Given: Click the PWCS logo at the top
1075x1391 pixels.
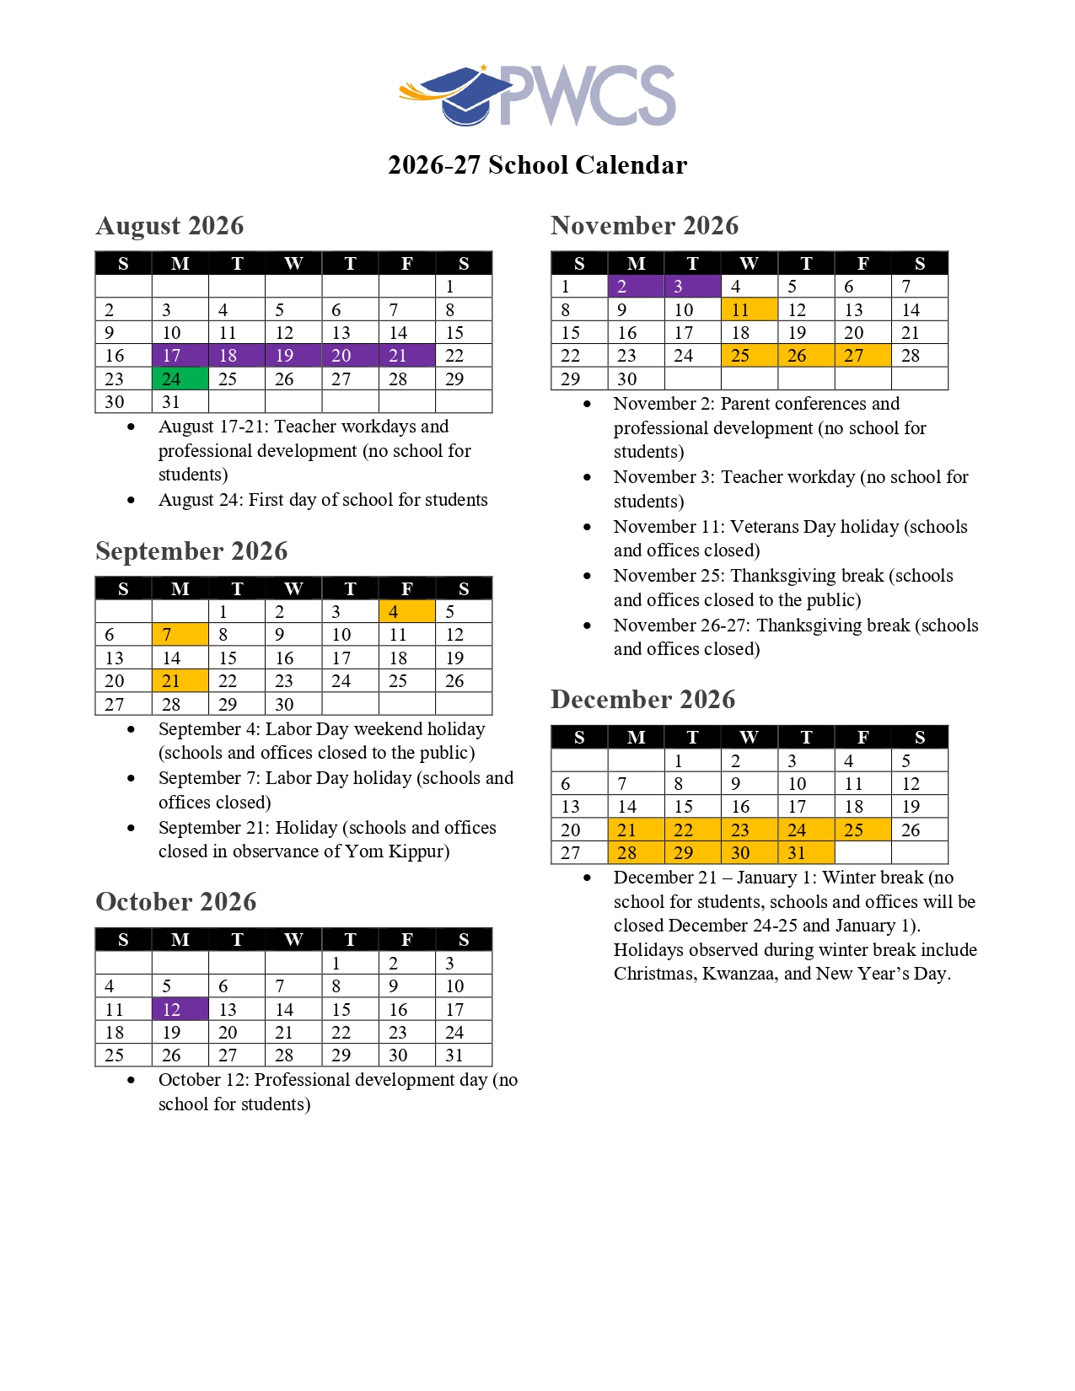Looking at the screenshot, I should coord(538,95).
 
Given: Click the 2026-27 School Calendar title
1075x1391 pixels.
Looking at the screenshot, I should coord(537,164).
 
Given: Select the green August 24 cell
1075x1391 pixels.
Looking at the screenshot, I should coord(180,379).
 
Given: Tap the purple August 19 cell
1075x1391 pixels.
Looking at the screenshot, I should coord(293,356).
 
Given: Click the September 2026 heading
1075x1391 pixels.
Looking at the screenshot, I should coord(191,550).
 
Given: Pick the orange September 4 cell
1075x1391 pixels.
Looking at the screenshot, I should coord(406,611).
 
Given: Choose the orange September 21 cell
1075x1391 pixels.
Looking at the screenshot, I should coord(180,680).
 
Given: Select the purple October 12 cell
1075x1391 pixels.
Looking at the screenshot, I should coord(180,1009).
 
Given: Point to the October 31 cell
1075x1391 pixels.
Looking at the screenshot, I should coord(463,1055).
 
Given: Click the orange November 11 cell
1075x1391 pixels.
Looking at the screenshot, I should coord(749,309).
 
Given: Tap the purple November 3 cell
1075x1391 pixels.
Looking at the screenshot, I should coord(692,287).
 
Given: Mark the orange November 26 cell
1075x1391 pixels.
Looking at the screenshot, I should coord(805,356).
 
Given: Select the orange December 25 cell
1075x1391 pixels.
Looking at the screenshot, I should coord(862,830).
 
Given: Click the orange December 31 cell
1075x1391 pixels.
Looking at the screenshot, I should coord(805,852).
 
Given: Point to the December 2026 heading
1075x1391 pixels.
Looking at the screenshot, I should coord(642,699).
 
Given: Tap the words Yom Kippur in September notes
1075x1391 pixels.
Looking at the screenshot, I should coord(397,851).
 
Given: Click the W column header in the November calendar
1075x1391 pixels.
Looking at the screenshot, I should coord(749,264).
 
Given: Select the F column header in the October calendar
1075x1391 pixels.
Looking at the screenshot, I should coord(406,940).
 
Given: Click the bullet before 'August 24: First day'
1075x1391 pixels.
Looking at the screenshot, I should coord(131,500).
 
